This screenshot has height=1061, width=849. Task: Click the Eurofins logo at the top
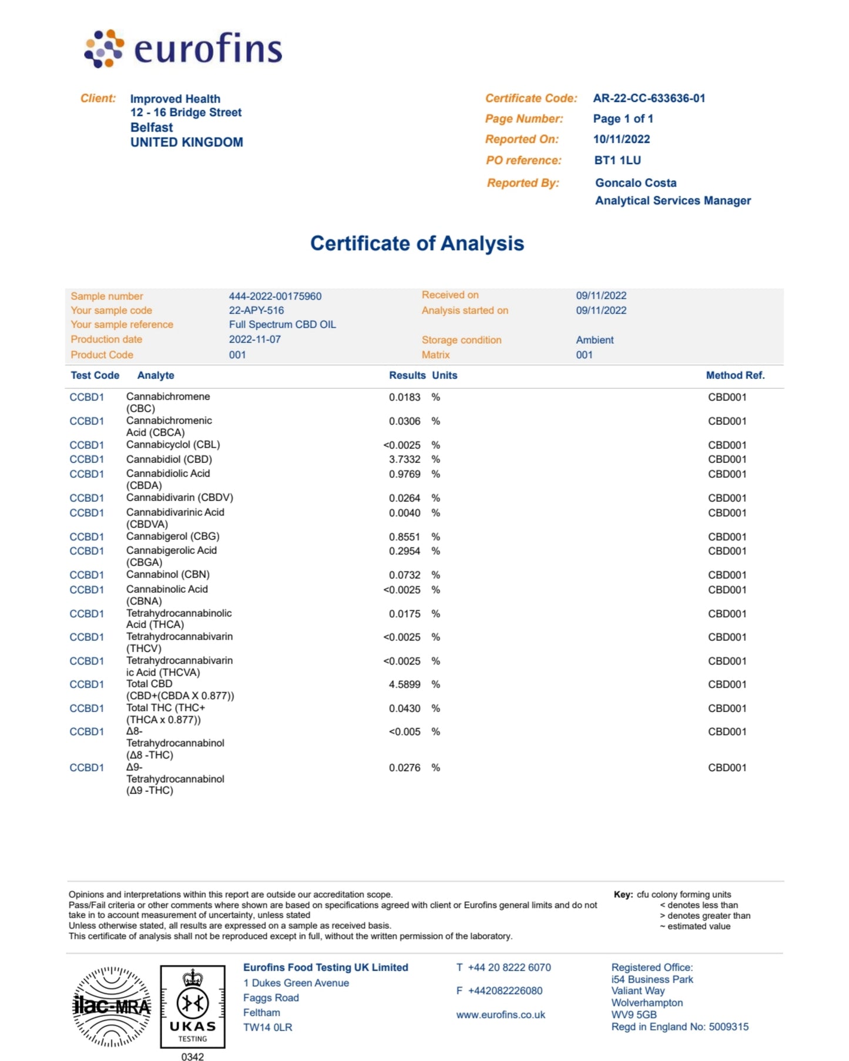[x=183, y=49]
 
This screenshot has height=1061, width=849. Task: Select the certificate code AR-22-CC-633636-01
[x=649, y=98]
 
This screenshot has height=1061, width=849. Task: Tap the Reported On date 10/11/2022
[x=621, y=139]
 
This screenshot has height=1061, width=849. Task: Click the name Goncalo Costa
[x=635, y=183]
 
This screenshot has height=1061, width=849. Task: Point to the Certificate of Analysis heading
[x=417, y=243]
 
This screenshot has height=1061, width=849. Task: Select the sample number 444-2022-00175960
[x=275, y=296]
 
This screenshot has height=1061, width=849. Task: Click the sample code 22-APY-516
[x=256, y=310]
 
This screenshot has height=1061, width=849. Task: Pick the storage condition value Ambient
[x=595, y=340]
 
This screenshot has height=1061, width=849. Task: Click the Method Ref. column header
[x=735, y=375]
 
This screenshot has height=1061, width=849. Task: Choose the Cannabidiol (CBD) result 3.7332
[x=404, y=459]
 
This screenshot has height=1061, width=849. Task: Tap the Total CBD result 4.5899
[x=404, y=684]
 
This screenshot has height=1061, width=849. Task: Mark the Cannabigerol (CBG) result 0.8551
[x=404, y=537]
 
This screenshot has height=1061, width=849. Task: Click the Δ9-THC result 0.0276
[x=404, y=768]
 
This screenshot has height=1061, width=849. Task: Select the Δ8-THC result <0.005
[x=404, y=732]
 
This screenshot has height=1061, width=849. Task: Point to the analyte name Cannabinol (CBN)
[x=167, y=575]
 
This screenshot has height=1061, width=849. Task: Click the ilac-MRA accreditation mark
[x=112, y=1007]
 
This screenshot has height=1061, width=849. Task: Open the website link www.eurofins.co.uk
[x=501, y=1015]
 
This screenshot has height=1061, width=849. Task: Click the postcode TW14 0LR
[x=267, y=1028]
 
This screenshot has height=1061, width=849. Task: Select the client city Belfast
[x=152, y=127]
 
